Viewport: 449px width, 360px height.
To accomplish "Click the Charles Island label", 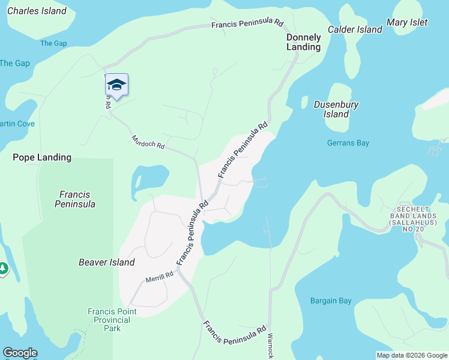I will [x=37, y=11].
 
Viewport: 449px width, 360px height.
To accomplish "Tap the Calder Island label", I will [x=355, y=29].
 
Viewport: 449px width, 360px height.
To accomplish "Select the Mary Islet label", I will [x=407, y=22].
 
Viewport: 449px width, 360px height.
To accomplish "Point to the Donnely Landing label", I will [x=303, y=41].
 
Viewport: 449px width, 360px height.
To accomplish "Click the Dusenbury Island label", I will [x=336, y=109].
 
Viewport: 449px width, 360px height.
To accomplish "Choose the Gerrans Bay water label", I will [x=348, y=143].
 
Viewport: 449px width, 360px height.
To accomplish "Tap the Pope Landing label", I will [x=42, y=157].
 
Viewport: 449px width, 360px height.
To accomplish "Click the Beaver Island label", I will [x=106, y=262].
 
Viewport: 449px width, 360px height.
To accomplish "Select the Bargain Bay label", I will [x=331, y=301].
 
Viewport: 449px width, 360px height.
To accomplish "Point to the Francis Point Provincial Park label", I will [x=112, y=320].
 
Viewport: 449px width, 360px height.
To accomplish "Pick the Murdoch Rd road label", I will [x=148, y=143].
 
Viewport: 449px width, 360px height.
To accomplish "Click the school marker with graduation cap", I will [x=117, y=86].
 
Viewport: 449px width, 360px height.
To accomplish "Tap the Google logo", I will [x=20, y=353].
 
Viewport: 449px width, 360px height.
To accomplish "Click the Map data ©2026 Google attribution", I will [x=411, y=355].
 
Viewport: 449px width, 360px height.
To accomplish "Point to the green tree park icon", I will [x=3, y=268].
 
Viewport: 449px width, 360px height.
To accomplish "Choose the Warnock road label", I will [x=270, y=346].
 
